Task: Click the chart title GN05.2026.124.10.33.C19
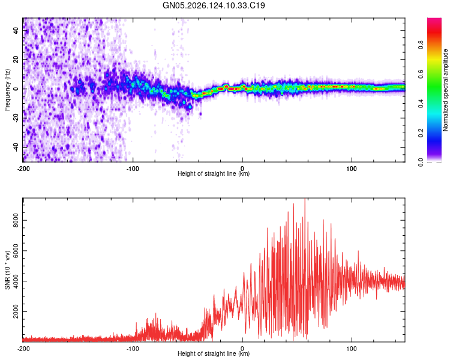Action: [x=214, y=5]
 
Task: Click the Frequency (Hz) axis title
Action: [x=7, y=90]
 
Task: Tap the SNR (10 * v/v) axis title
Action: [x=7, y=270]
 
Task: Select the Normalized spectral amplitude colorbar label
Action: [x=445, y=90]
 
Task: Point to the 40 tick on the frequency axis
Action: [x=16, y=30]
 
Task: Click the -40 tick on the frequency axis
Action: [x=16, y=148]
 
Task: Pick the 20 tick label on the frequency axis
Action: [x=16, y=59]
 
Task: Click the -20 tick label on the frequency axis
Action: [x=16, y=118]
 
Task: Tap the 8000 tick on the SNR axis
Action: [x=16, y=220]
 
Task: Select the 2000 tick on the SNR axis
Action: [x=16, y=311]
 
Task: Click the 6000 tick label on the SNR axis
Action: [x=16, y=251]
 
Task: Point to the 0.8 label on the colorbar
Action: [x=421, y=44]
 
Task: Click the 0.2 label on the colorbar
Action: [x=421, y=133]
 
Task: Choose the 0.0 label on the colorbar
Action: [x=421, y=162]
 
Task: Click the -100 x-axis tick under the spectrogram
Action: [x=133, y=169]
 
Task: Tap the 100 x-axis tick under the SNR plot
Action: [x=352, y=349]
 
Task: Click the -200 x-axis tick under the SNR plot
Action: [x=23, y=349]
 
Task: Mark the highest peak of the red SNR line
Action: [x=305, y=199]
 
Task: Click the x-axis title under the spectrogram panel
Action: [x=214, y=173]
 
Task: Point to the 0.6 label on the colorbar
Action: [x=421, y=74]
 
